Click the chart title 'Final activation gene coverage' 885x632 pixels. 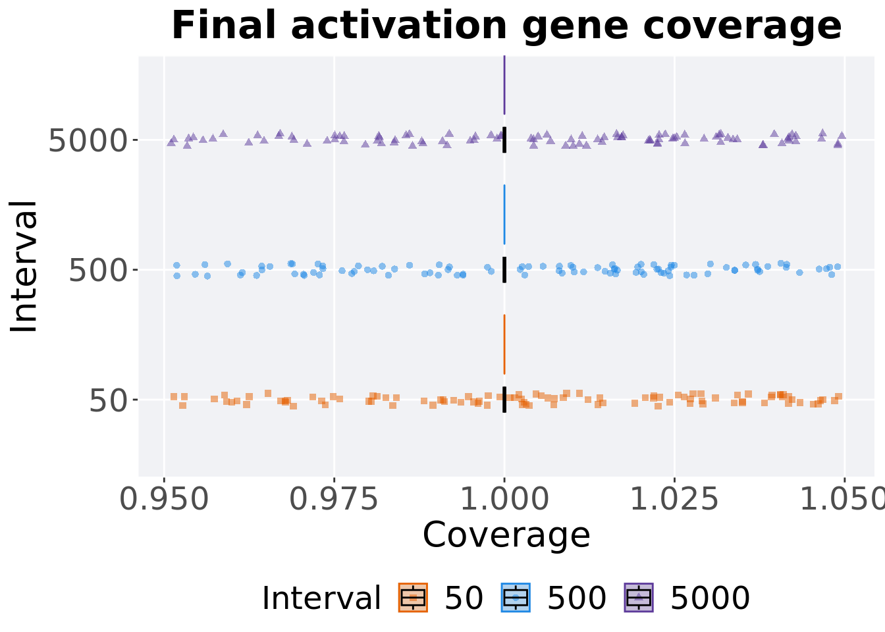(506, 27)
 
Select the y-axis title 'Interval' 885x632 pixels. (24, 267)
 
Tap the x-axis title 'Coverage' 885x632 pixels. (506, 535)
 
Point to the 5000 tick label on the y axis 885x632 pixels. (88, 140)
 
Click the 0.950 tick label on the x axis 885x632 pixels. (165, 500)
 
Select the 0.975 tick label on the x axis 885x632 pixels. (335, 500)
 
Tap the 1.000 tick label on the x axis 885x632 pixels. (504, 500)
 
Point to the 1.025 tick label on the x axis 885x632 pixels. (674, 500)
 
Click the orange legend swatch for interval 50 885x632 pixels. (413, 598)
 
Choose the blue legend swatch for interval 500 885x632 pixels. (516, 598)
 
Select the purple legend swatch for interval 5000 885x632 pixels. (638, 598)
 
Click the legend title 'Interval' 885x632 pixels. (321, 598)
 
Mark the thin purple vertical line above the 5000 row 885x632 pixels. (504, 86)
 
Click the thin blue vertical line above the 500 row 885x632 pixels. (504, 215)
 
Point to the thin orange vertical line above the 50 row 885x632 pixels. (504, 344)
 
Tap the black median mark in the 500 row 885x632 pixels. (504, 270)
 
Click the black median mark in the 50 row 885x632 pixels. (504, 400)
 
